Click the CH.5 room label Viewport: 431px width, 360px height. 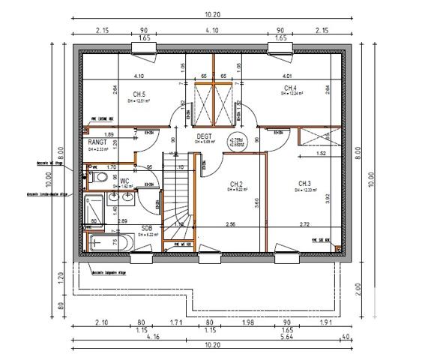[139, 93]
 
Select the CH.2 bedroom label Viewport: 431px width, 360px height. [236, 184]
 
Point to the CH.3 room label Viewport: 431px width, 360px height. [304, 184]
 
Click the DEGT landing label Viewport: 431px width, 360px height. [205, 136]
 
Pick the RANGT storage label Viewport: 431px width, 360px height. [98, 142]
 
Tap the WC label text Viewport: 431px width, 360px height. [125, 181]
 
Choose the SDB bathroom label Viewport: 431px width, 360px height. [147, 227]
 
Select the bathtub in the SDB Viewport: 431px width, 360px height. [109, 242]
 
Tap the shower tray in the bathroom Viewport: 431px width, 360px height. [94, 209]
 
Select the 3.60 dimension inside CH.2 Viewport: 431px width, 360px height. [257, 201]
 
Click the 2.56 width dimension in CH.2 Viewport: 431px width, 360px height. [231, 223]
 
